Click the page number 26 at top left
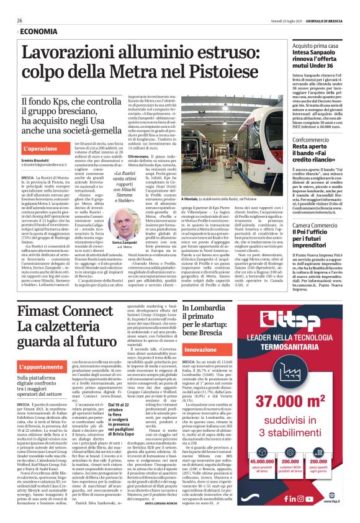[x=20, y=20]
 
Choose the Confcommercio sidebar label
[x=320, y=141]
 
